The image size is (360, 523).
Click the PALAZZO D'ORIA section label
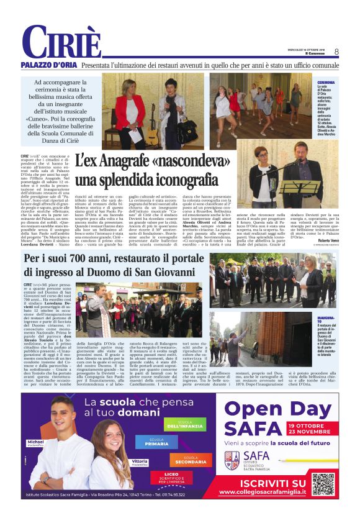[x=48, y=65]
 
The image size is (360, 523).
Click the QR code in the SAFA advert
[x=323, y=483]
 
